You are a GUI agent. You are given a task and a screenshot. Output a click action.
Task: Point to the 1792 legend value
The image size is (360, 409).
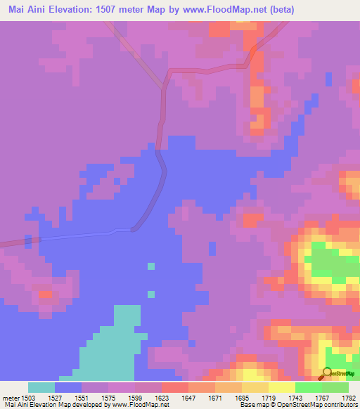[348, 397]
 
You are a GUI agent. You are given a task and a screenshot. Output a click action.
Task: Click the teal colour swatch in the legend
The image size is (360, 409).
[41, 387]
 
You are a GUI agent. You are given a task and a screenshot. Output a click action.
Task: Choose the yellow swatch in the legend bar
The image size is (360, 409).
[281, 387]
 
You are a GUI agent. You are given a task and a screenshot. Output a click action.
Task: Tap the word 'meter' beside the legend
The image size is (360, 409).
[10, 397]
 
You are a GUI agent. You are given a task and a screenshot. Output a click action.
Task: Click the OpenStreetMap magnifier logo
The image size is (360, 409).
[327, 373]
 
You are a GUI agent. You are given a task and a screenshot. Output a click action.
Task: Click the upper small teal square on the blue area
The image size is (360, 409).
[150, 266]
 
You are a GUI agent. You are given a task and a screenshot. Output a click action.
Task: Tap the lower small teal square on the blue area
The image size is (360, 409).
[150, 293]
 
